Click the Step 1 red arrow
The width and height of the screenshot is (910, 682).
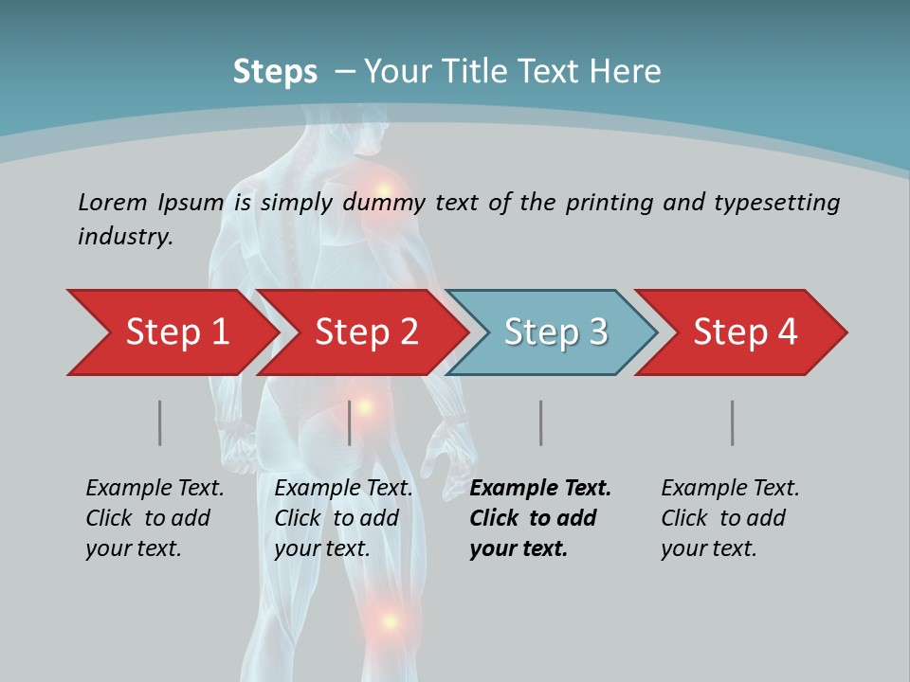(171, 332)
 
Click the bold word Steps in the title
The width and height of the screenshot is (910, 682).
(275, 72)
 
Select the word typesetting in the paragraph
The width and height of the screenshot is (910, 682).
(776, 202)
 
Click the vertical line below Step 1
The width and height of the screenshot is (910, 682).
(160, 422)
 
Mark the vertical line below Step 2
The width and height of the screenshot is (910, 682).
(350, 422)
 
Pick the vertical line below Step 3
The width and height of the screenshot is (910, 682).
(541, 422)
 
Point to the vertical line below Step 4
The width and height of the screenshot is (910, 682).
(733, 422)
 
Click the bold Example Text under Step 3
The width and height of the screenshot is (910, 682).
(540, 489)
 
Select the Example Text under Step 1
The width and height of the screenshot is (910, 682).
(155, 489)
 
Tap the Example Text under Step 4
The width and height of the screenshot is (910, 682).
(730, 489)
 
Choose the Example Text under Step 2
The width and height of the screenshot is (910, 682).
(343, 489)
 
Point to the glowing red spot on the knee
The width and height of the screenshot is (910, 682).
(388, 621)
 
